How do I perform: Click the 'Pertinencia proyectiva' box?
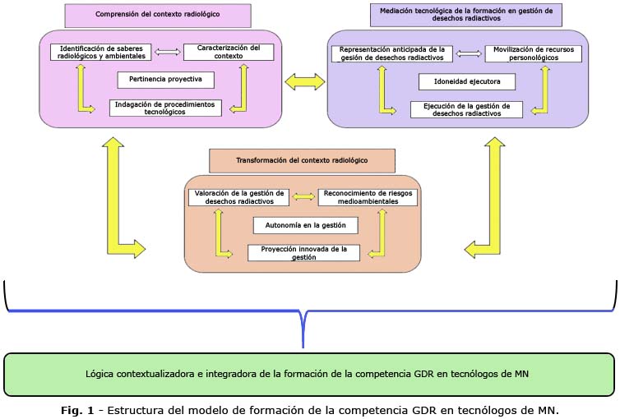coord(165,80)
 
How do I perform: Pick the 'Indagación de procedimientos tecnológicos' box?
coord(165,108)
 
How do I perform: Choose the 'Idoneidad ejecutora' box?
coord(466,81)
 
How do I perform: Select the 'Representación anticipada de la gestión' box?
coord(392,53)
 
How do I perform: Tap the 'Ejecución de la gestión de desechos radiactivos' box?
coord(466,109)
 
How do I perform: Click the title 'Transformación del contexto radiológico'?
coord(302,159)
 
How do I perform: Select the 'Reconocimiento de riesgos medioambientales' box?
coord(368,197)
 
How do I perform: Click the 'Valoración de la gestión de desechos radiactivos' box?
coord(238,197)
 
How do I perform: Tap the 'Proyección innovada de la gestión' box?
coord(303,252)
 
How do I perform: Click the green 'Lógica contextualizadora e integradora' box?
coord(309,374)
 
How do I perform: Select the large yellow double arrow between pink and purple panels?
coord(304,81)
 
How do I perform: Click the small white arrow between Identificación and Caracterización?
coord(167,52)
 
